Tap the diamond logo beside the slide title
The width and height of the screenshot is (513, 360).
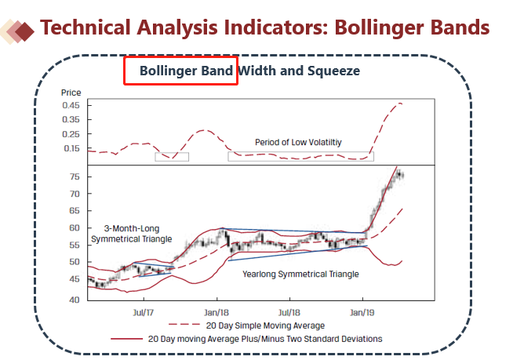(x=19, y=31)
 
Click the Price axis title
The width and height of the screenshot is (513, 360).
(x=71, y=93)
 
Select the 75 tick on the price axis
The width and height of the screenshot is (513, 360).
(x=73, y=177)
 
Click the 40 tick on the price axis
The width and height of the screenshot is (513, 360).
(x=73, y=300)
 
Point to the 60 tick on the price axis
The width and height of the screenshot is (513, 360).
(x=73, y=228)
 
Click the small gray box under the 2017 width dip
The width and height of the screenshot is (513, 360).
(x=172, y=157)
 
